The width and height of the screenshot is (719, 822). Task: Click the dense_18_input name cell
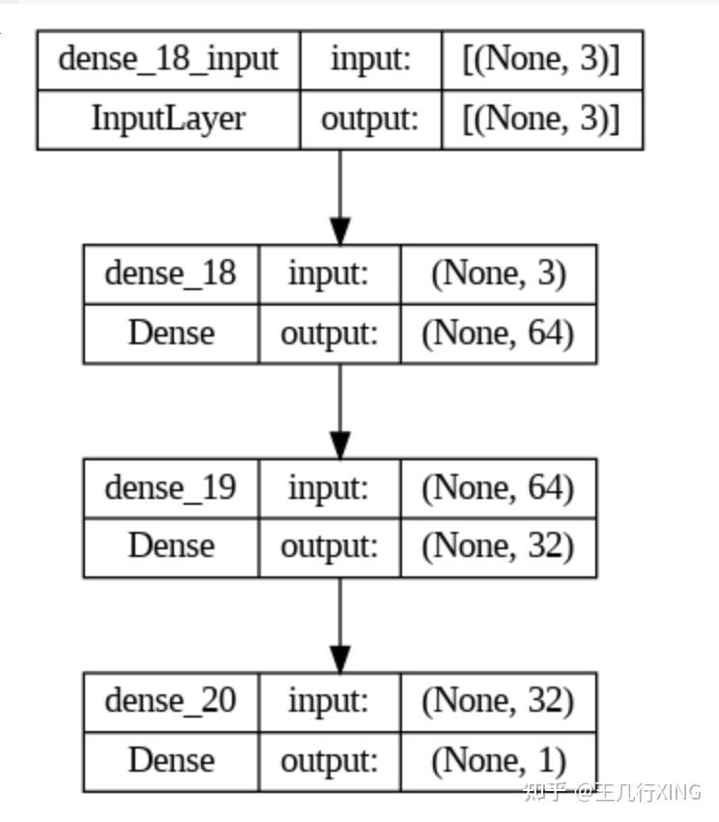tap(168, 59)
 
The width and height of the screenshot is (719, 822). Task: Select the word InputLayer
tap(168, 119)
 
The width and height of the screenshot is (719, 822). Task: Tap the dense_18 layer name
tap(170, 273)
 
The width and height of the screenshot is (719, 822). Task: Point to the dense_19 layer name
tap(170, 486)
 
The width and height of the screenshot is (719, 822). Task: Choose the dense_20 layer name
tap(170, 700)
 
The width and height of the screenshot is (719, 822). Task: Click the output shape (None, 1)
tap(498, 760)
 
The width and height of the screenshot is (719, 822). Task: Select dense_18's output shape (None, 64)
tap(498, 334)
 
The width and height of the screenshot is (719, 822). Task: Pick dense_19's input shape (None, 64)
tap(498, 486)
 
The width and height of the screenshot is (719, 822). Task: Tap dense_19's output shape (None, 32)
tap(498, 546)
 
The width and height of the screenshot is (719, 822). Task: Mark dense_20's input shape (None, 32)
tap(498, 700)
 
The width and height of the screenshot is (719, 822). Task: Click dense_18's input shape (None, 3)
tap(498, 273)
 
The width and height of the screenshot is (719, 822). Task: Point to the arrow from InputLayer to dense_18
tap(339, 197)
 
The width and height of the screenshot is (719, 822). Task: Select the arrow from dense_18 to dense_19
tap(339, 411)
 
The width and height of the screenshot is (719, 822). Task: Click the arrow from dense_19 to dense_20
tap(339, 625)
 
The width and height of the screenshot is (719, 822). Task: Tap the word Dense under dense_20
tap(170, 760)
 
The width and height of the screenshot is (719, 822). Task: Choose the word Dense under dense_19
tap(170, 546)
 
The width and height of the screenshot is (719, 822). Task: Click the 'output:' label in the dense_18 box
tap(329, 334)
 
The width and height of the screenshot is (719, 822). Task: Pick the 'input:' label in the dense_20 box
tap(329, 700)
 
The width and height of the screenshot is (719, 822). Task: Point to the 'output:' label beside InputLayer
tap(370, 119)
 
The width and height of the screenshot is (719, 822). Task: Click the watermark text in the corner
tap(611, 792)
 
